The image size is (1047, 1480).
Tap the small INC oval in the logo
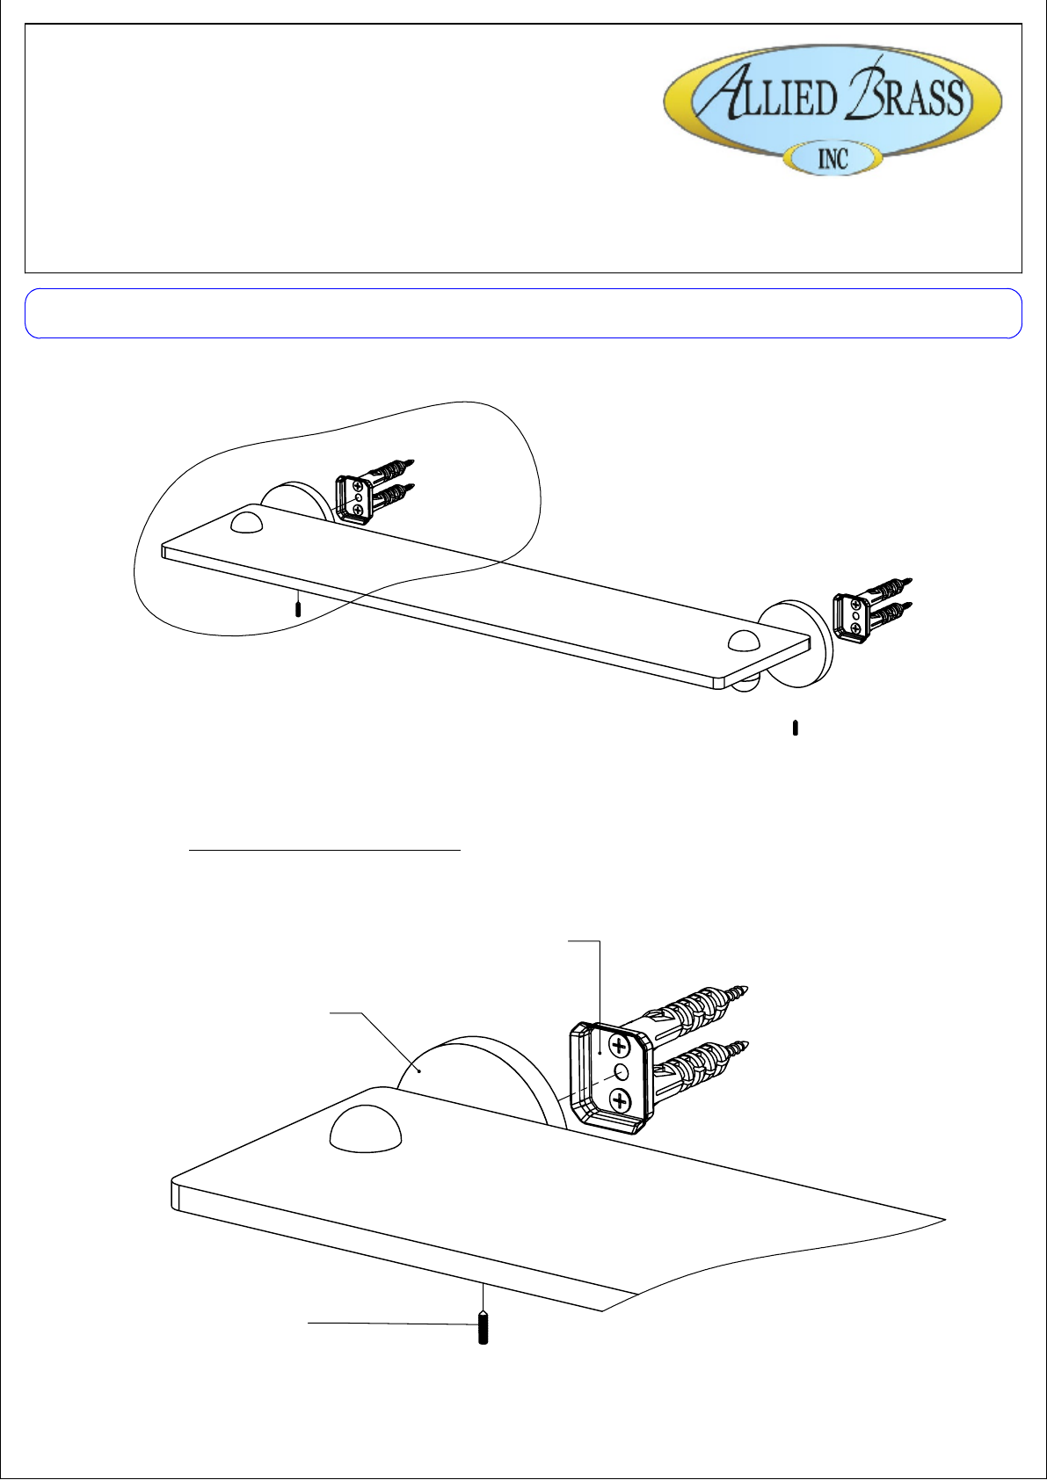pyautogui.click(x=833, y=158)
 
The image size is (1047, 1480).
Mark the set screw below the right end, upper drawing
pyautogui.click(x=796, y=728)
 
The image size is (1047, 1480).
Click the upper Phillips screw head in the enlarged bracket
pyautogui.click(x=619, y=1046)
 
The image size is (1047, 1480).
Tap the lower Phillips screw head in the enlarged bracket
pyautogui.click(x=619, y=1100)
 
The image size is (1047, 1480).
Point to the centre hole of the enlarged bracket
pyautogui.click(x=622, y=1071)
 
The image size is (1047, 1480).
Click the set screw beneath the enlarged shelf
pyautogui.click(x=484, y=1330)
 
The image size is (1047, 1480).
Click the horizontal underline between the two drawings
pyautogui.click(x=324, y=851)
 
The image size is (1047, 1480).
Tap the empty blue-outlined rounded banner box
pyautogui.click(x=524, y=313)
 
